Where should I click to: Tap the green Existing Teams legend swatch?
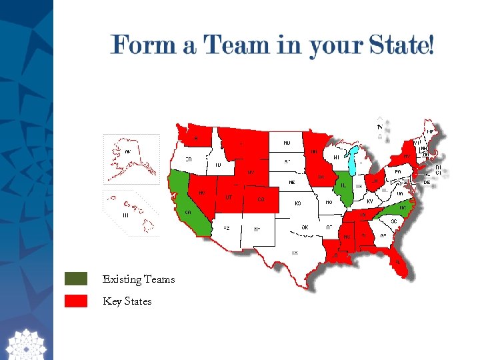[76, 279]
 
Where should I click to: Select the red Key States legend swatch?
[76, 301]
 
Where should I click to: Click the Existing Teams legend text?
[139, 279]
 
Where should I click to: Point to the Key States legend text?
[127, 301]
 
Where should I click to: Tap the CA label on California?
[189, 213]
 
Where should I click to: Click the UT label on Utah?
[228, 197]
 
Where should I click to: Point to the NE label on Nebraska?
[291, 182]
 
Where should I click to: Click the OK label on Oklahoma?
[304, 227]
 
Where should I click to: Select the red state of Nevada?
[203, 193]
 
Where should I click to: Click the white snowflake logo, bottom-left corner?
[25, 343]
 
